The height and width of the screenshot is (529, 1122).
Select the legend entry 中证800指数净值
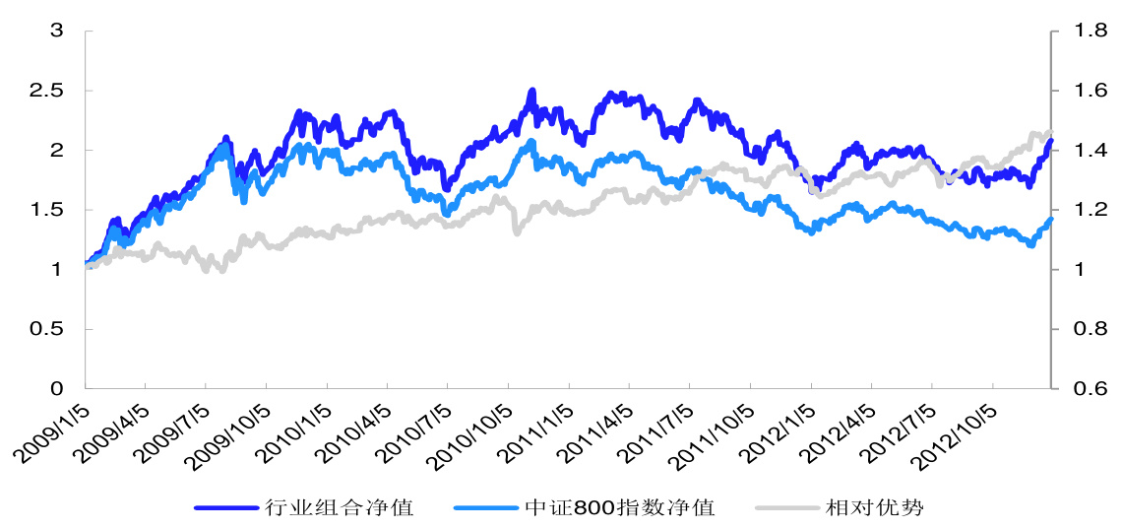619,507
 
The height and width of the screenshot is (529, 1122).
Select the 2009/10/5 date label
232,433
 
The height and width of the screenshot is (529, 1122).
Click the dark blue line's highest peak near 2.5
532,92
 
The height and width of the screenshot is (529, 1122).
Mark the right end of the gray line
1050,133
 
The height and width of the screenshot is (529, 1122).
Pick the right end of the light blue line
1051,219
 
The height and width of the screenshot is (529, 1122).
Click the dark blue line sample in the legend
227,507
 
